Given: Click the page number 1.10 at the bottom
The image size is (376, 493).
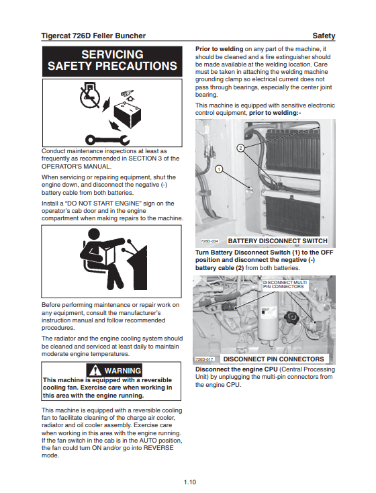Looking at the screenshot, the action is pyautogui.click(x=190, y=482).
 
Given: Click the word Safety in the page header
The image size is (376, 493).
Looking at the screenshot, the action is pyautogui.click(x=324, y=36).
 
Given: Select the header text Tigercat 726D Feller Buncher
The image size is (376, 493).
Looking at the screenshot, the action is pyautogui.click(x=93, y=36).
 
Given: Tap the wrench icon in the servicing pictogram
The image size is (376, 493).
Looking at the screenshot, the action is pyautogui.click(x=107, y=139).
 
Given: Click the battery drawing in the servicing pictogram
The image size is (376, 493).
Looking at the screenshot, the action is pyautogui.click(x=128, y=114).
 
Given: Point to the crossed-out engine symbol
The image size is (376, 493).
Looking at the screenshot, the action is pyautogui.click(x=89, y=94).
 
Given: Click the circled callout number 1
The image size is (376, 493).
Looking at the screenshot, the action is pyautogui.click(x=219, y=169).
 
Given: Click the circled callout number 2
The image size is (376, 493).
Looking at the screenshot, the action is pyautogui.click(x=240, y=148).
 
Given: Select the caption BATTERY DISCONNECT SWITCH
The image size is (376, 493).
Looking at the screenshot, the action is pyautogui.click(x=277, y=241).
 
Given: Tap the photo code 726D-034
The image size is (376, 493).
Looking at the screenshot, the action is pyautogui.click(x=209, y=241).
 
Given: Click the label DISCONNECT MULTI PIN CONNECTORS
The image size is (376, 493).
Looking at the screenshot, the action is pyautogui.click(x=285, y=285).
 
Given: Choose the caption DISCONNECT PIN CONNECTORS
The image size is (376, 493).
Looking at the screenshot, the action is pyautogui.click(x=273, y=359).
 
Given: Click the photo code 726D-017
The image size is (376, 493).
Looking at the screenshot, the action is pyautogui.click(x=204, y=359).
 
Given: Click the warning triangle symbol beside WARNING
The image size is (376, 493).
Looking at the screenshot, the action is pyautogui.click(x=95, y=370).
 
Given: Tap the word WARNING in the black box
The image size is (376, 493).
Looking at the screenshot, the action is pyautogui.click(x=123, y=371).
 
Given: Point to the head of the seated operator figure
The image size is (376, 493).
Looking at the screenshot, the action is pyautogui.click(x=94, y=234).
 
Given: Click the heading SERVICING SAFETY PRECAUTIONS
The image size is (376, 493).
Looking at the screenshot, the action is pyautogui.click(x=112, y=60).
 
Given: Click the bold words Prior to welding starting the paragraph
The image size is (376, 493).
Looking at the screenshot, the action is pyautogui.click(x=219, y=49).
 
